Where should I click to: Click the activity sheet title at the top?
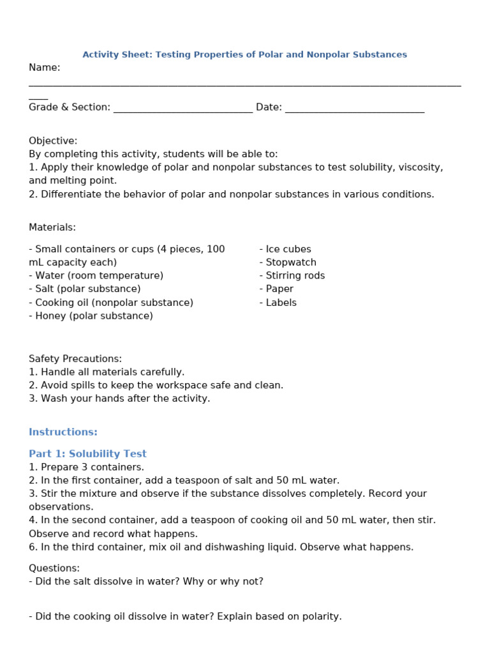[x=244, y=55]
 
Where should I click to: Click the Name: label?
[x=45, y=68]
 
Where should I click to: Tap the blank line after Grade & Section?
[x=182, y=109]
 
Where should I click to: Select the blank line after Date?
[x=355, y=109]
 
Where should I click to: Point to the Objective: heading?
[x=53, y=141]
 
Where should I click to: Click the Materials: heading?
[x=52, y=227]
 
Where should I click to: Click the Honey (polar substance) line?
[x=91, y=316]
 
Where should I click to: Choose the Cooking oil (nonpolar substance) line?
[x=111, y=303]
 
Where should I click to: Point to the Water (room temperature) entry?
[x=96, y=276]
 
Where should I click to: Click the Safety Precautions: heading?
[x=75, y=359]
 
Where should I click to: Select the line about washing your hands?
[x=119, y=399]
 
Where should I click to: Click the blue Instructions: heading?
[x=63, y=432]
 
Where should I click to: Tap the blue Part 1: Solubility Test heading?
[x=87, y=454]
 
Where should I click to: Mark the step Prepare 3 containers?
[x=86, y=468]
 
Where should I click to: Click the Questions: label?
[x=54, y=568]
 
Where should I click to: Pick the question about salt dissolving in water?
[x=146, y=582]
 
